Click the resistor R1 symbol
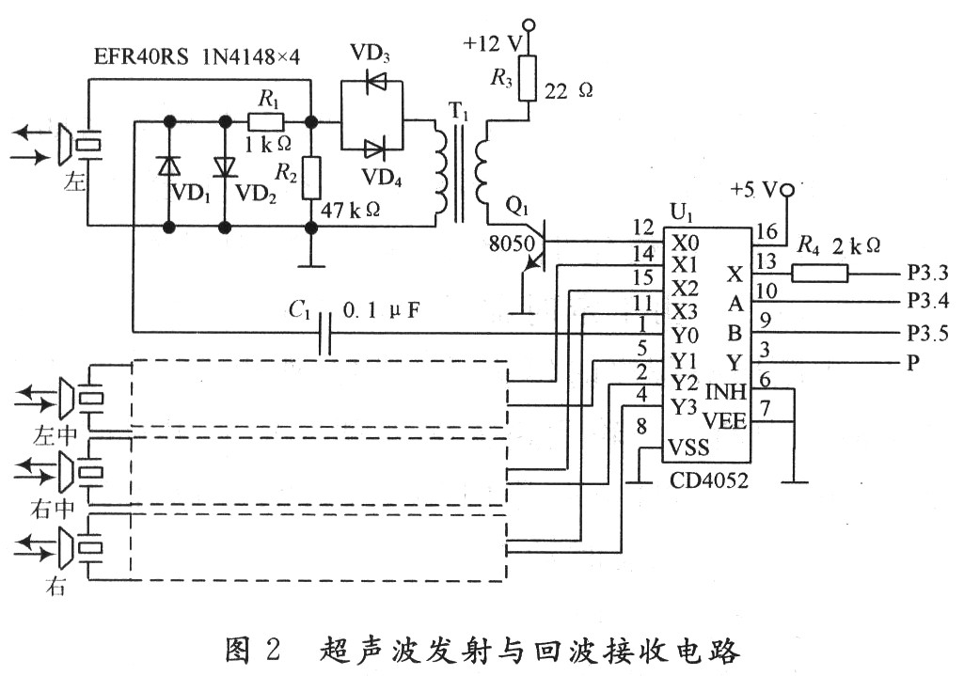(x=266, y=121)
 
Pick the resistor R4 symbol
(x=820, y=274)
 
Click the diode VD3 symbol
(x=374, y=84)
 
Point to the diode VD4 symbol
(x=375, y=148)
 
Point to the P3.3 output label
(x=925, y=274)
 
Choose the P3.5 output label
(x=925, y=334)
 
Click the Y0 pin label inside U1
(x=686, y=333)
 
